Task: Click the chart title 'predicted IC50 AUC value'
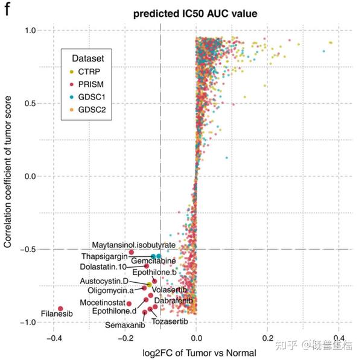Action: click(x=196, y=13)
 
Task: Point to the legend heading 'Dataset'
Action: click(x=88, y=58)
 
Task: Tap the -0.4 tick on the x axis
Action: click(x=53, y=339)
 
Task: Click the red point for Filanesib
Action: click(x=60, y=309)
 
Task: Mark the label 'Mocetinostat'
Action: click(x=102, y=302)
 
